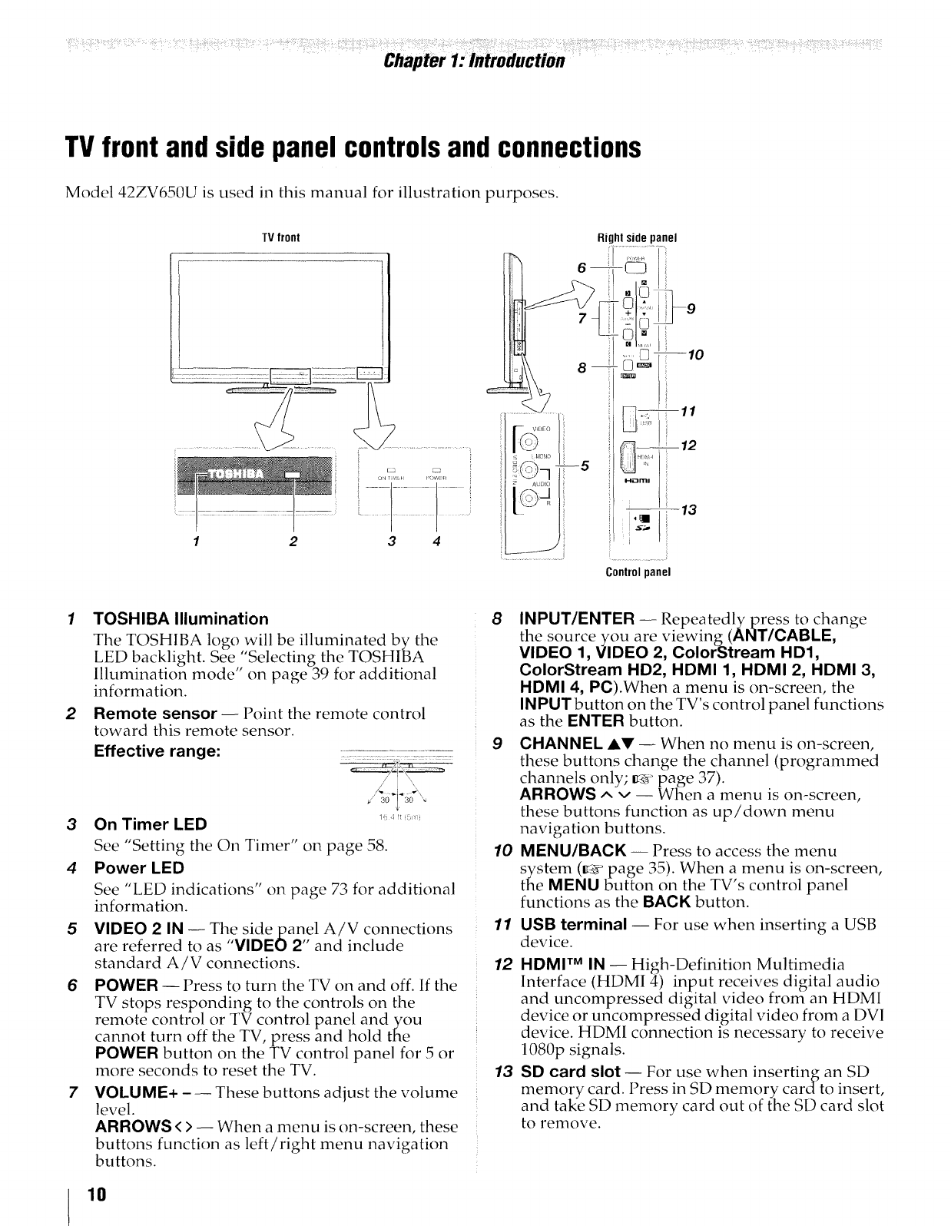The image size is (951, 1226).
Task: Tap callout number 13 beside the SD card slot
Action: point(688,510)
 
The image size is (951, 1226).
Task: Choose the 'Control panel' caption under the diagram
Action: point(638,572)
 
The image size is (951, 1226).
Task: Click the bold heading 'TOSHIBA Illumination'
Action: point(181,618)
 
